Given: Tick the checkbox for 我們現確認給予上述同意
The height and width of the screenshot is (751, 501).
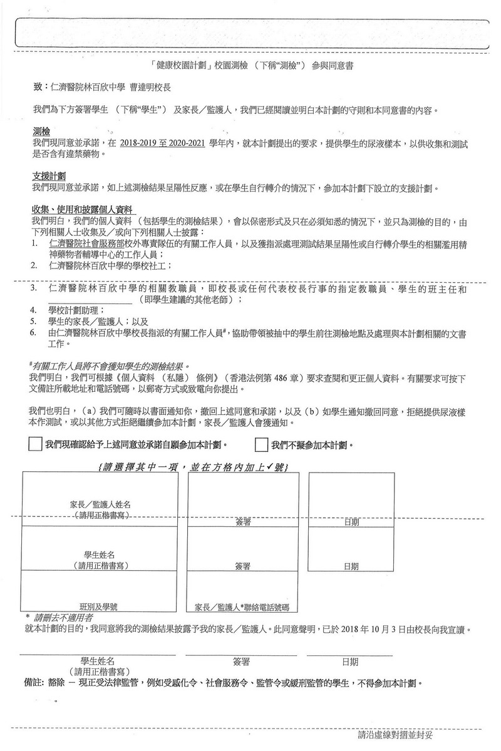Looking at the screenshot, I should [36, 445].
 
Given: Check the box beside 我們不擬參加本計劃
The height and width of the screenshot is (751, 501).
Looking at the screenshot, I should [262, 445].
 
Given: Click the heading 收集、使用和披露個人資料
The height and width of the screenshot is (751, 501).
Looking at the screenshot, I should [84, 208].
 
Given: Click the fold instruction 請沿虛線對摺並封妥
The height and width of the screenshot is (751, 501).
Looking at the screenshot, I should [395, 733].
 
